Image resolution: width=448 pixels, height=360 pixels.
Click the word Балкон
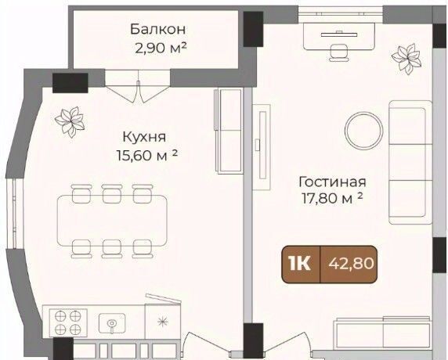158,29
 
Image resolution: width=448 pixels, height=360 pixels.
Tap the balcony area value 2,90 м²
161,48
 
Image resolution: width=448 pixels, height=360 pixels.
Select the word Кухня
144,137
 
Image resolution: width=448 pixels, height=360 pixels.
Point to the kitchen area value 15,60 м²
147,155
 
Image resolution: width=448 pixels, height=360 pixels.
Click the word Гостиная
332,182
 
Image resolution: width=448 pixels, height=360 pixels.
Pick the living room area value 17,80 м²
333,198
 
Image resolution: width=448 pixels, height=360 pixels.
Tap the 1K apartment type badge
300,264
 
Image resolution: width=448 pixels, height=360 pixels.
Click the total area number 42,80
351,264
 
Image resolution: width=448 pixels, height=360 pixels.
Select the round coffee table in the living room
363,131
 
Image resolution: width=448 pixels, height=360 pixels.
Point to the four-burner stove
68,321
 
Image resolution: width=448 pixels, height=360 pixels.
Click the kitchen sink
112,323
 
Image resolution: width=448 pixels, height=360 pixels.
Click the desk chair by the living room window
339,53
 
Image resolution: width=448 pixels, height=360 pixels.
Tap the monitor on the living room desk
339,34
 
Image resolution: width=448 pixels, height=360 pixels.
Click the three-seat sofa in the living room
410,162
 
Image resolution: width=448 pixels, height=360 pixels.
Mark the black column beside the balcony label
253,29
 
